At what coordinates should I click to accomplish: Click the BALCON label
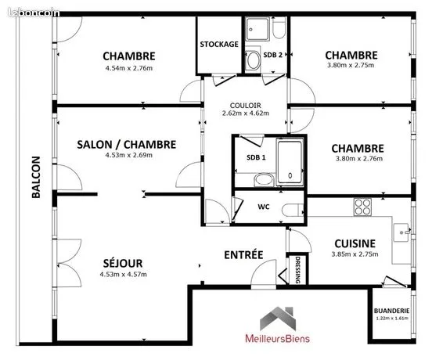pos(36,177)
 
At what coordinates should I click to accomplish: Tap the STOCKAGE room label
pos(219,44)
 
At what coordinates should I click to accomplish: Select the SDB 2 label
pos(273,55)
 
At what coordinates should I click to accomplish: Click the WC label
pos(264,207)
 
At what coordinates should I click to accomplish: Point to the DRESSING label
pos(297,270)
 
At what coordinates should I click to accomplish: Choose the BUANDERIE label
pos(391,311)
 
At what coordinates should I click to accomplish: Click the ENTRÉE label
pos(243,254)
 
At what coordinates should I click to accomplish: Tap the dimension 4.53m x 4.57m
pos(123,275)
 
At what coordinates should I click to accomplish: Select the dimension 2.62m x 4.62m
pos(246,113)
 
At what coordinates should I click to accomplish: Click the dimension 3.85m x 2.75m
pos(355,254)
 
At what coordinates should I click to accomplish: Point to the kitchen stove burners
pos(362,207)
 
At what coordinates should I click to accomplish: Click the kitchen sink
pos(401,232)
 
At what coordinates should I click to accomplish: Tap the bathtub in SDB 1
pos(290,163)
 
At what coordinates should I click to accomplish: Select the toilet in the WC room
pos(293,211)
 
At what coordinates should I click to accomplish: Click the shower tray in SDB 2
pos(257,29)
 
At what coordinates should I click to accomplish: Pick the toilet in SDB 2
pos(279,27)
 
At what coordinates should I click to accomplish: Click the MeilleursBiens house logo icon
pos(278,319)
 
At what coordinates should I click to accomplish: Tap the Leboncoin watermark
pos(34,13)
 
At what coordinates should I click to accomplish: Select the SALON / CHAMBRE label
pos(127,145)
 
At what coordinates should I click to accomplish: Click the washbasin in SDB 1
pos(264,180)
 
